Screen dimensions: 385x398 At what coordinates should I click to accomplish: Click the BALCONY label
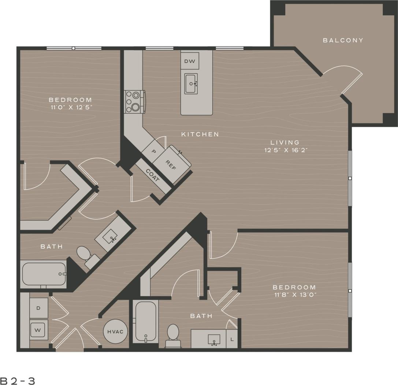click(343, 40)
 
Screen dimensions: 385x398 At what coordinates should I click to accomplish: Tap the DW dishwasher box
click(190, 61)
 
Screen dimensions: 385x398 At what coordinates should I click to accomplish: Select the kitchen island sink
click(191, 84)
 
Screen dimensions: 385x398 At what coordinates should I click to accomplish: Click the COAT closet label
click(153, 176)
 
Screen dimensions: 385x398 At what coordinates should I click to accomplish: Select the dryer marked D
click(38, 308)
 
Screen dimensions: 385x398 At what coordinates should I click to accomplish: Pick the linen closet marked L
click(231, 339)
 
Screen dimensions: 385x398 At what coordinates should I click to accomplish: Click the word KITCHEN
click(200, 134)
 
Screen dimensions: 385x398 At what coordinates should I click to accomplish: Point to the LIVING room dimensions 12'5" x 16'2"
click(284, 150)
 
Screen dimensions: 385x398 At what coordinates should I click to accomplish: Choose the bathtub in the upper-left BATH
click(44, 274)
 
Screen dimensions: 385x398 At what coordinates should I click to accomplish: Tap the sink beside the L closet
click(214, 340)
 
